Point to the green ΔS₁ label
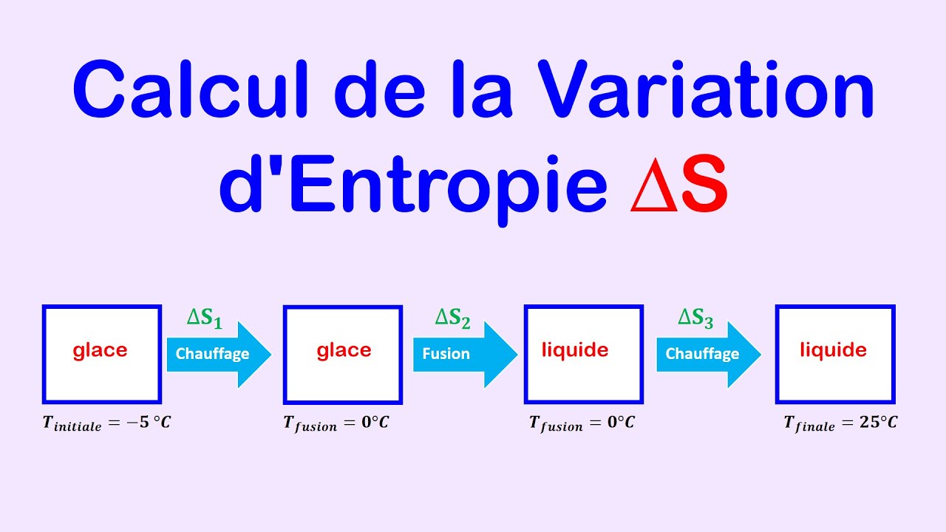pyautogui.click(x=205, y=318)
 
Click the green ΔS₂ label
pyautogui.click(x=452, y=318)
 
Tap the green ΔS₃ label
pyautogui.click(x=696, y=318)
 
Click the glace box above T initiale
pyautogui.click(x=101, y=354)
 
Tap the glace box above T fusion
pyautogui.click(x=343, y=354)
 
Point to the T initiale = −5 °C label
pyautogui.click(x=106, y=424)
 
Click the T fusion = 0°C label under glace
pyautogui.click(x=336, y=424)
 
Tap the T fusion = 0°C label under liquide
pyautogui.click(x=582, y=423)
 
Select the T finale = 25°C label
pyautogui.click(x=840, y=423)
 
